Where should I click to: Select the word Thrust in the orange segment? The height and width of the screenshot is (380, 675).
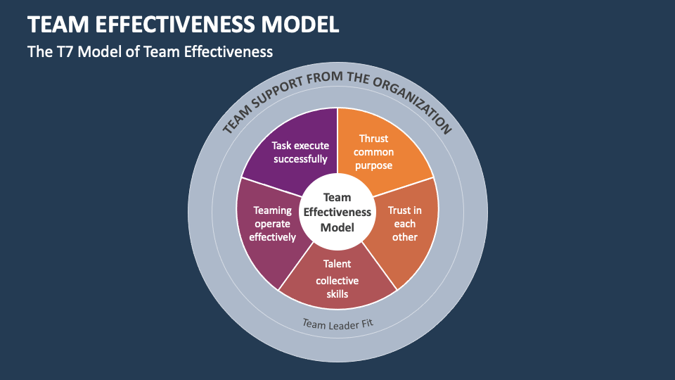[x=373, y=139]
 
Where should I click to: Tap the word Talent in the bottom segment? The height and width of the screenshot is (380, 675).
[x=337, y=264]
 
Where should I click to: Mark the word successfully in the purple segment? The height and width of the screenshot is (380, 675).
[x=300, y=159]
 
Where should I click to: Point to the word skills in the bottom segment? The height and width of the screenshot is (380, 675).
[x=337, y=293]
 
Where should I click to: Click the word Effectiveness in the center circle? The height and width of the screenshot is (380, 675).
[x=337, y=213]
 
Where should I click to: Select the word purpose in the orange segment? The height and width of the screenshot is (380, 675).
[x=373, y=165]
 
